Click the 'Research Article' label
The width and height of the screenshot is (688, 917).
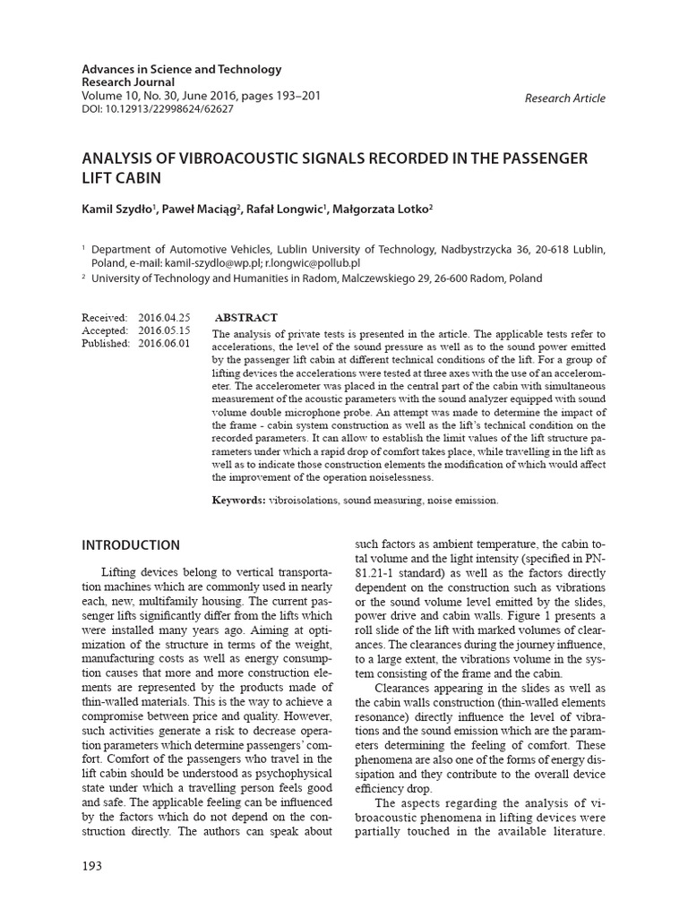564,99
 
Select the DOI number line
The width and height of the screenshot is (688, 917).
158,108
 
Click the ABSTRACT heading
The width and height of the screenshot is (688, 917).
247,318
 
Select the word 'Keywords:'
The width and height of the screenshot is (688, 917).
238,500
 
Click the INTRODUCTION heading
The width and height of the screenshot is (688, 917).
131,544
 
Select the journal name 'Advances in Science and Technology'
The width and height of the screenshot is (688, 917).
182,69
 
